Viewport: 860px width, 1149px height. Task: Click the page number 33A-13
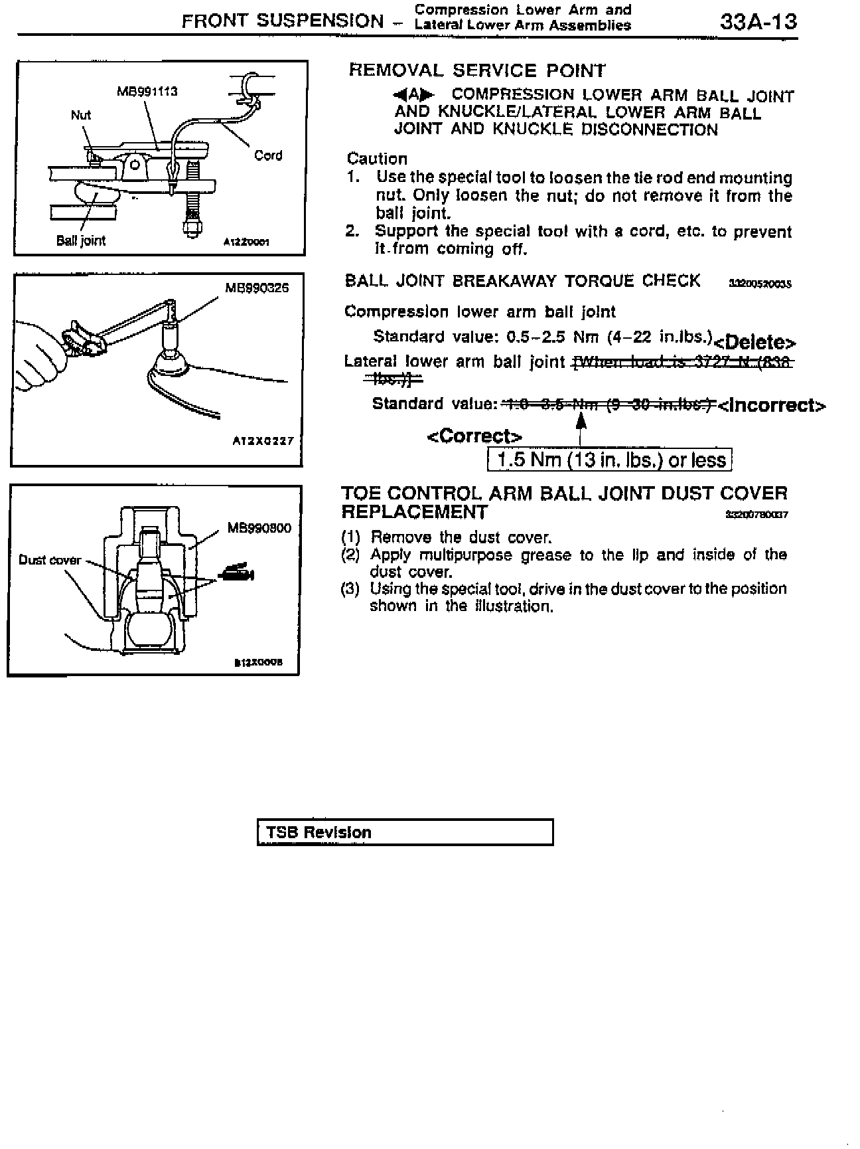pyautogui.click(x=758, y=21)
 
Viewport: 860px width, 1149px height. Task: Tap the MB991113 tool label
pyautogui.click(x=147, y=91)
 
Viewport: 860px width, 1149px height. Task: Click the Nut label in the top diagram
pyautogui.click(x=80, y=115)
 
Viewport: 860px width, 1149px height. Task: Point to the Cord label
pyautogui.click(x=268, y=155)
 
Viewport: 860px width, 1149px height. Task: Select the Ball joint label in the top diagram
pyautogui.click(x=81, y=240)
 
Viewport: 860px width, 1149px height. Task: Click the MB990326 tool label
pyautogui.click(x=257, y=288)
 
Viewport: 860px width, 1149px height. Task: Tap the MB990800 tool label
pyautogui.click(x=259, y=529)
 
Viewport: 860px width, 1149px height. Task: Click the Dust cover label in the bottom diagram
pyautogui.click(x=50, y=560)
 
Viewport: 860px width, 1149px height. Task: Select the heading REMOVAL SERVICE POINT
pyautogui.click(x=477, y=70)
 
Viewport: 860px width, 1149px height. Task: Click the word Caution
pyautogui.click(x=377, y=159)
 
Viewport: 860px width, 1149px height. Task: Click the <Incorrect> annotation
pyautogui.click(x=772, y=405)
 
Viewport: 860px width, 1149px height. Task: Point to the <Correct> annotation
pyautogui.click(x=474, y=436)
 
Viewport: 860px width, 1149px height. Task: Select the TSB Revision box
pyautogui.click(x=405, y=832)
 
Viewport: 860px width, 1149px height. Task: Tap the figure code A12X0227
pyautogui.click(x=263, y=441)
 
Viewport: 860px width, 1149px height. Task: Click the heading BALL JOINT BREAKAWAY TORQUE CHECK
pyautogui.click(x=522, y=281)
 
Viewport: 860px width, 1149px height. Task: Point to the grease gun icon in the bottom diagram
pyautogui.click(x=237, y=573)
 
